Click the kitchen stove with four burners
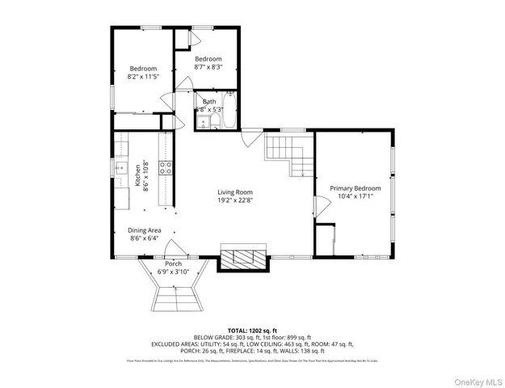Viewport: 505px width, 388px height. [x=165, y=168]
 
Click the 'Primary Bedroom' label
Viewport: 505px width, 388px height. [x=354, y=188]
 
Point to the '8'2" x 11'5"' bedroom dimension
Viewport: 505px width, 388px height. [x=144, y=78]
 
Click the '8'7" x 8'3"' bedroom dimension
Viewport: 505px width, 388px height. [x=208, y=67]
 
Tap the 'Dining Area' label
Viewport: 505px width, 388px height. [x=145, y=230]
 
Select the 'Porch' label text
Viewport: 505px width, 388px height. [x=173, y=264]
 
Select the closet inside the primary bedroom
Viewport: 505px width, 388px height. [x=326, y=241]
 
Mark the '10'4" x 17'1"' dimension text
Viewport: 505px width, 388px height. [x=354, y=196]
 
